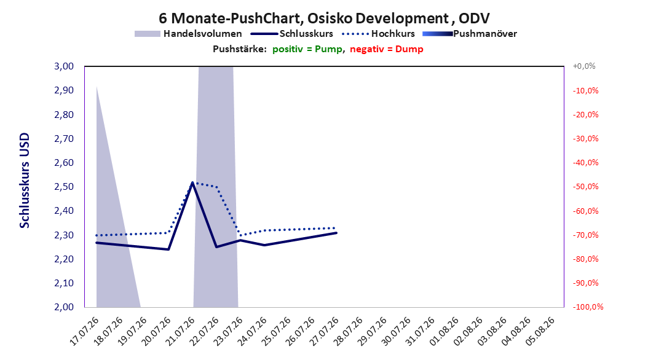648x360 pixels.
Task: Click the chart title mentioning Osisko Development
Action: (324, 18)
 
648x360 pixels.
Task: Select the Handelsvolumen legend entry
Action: (188, 34)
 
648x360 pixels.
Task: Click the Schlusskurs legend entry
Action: (292, 34)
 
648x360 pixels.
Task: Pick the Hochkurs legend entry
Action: (378, 34)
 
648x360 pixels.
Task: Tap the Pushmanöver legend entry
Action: (470, 34)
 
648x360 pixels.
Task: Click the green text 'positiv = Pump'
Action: (307, 49)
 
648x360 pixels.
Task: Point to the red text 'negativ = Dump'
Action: (387, 49)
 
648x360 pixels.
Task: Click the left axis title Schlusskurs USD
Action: (25, 181)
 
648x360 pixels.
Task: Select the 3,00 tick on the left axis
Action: (64, 66)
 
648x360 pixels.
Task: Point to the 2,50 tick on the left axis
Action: (64, 187)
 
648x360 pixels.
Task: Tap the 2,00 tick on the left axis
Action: (64, 307)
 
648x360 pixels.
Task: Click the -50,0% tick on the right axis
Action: (585, 187)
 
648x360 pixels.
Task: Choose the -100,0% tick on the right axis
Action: (588, 307)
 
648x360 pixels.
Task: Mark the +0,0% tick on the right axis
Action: (584, 66)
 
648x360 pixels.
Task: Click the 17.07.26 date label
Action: (84, 331)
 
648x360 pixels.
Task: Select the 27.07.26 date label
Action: (324, 331)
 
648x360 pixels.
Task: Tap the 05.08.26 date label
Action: (540, 331)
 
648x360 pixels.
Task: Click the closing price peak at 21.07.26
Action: (192, 182)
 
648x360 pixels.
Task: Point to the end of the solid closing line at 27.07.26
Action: (336, 233)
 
